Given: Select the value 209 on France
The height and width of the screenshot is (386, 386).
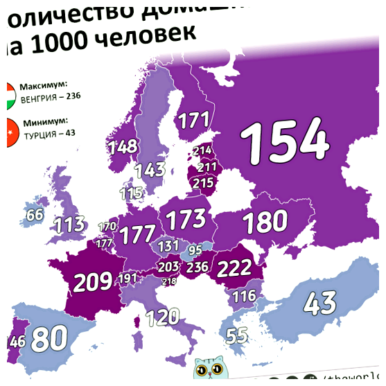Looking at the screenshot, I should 93,281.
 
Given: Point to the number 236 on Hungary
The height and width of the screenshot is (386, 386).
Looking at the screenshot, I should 198,267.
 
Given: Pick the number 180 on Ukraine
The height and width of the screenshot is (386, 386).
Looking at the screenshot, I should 264,222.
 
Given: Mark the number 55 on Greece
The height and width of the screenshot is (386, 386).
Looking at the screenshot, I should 237,336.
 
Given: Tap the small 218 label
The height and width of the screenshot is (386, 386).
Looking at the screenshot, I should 169,282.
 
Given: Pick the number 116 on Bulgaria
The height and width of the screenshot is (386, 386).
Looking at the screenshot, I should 243,297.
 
